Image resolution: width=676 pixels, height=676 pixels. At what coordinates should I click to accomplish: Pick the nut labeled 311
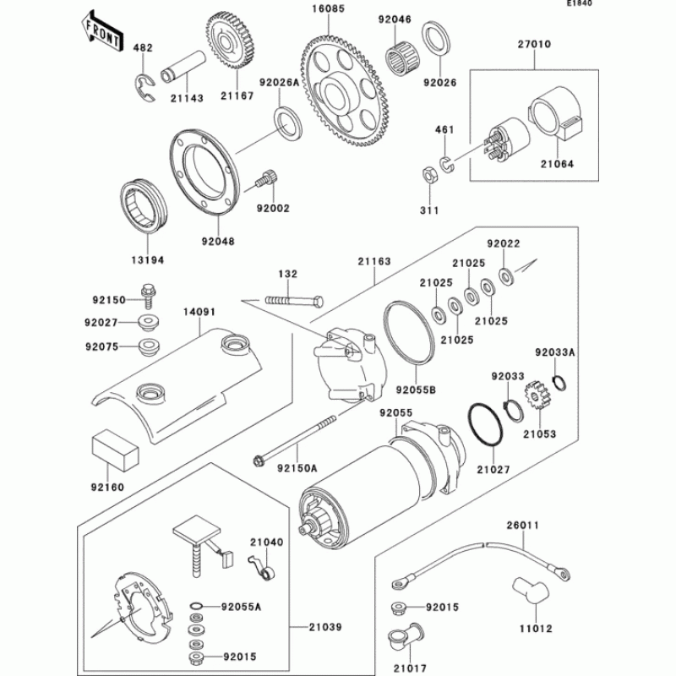tap(428, 175)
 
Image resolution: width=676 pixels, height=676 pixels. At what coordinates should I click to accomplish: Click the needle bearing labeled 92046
tap(405, 60)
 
